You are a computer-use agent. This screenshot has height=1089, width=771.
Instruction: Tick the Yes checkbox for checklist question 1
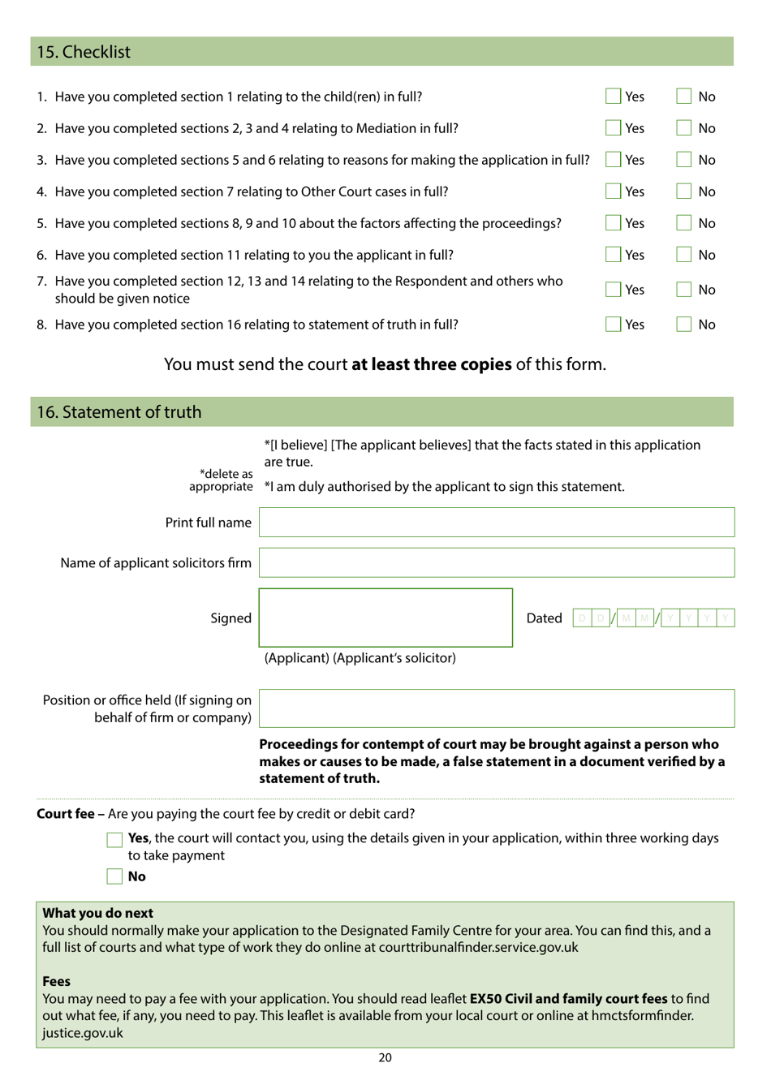click(613, 97)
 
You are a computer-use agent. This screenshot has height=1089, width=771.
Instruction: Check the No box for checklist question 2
click(684, 128)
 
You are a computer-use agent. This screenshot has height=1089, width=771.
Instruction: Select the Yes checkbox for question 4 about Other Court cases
click(613, 192)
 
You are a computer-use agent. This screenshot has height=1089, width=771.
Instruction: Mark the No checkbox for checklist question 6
click(684, 255)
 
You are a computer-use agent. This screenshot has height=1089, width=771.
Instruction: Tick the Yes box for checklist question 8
click(613, 325)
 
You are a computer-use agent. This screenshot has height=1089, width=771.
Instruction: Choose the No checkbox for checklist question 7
click(684, 290)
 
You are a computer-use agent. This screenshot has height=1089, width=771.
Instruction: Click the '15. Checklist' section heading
click(84, 52)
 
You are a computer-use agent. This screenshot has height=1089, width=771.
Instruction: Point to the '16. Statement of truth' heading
click(119, 412)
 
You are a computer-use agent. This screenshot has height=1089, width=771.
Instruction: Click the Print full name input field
click(497, 523)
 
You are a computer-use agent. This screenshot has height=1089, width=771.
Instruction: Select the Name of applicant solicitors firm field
click(497, 562)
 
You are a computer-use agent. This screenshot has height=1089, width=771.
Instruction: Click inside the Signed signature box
click(385, 618)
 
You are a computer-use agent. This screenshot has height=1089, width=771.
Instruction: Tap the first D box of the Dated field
click(582, 618)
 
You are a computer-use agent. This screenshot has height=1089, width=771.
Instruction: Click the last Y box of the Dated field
click(726, 618)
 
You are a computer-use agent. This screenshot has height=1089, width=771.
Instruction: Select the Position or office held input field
click(497, 708)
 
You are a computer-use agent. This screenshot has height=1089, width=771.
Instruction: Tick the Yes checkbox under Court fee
click(114, 840)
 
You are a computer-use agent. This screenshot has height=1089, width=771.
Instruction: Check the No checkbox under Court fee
click(114, 876)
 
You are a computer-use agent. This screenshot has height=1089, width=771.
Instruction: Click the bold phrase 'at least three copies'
click(431, 364)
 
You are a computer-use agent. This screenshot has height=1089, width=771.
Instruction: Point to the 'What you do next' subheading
click(97, 913)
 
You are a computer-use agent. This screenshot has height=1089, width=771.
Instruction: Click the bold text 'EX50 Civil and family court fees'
click(568, 999)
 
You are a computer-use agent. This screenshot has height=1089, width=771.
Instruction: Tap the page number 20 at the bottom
click(385, 1057)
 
